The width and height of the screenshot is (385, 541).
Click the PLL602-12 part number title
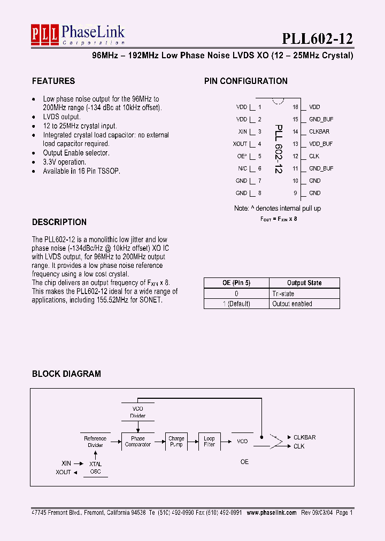(x=318, y=38)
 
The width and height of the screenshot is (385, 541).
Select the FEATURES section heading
(x=53, y=81)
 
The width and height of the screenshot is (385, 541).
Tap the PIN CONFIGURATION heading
(x=246, y=81)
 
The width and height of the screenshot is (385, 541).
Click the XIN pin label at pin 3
(x=242, y=132)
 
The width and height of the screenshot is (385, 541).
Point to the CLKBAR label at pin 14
(x=319, y=132)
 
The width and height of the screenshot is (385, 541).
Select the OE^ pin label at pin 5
(x=242, y=156)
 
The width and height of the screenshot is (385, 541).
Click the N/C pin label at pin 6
(x=242, y=168)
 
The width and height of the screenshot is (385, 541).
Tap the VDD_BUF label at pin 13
(x=321, y=144)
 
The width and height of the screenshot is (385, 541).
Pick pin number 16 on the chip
(x=295, y=107)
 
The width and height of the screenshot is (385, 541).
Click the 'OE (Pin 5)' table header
(x=236, y=283)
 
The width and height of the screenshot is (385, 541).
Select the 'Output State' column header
(x=304, y=283)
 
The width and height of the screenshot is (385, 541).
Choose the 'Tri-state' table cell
(x=283, y=293)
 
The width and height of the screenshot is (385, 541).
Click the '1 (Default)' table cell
(x=236, y=304)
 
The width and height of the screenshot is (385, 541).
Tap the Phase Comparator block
(x=138, y=442)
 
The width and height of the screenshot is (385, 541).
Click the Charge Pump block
(x=176, y=442)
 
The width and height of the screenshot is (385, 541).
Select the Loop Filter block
(x=209, y=442)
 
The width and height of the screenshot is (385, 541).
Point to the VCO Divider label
(x=138, y=412)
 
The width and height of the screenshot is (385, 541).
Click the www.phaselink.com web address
(x=271, y=512)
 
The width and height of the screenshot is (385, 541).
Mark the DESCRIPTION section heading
(x=59, y=222)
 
